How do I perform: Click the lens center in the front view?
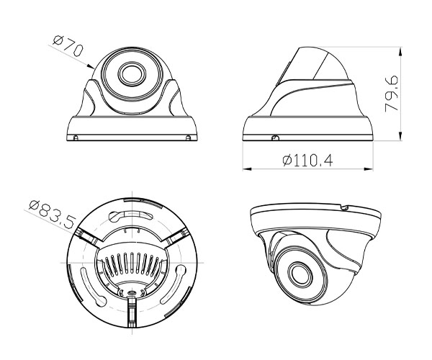click(131, 73)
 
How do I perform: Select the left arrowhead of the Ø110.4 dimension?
click(245, 170)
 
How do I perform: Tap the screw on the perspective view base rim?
click(344, 208)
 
